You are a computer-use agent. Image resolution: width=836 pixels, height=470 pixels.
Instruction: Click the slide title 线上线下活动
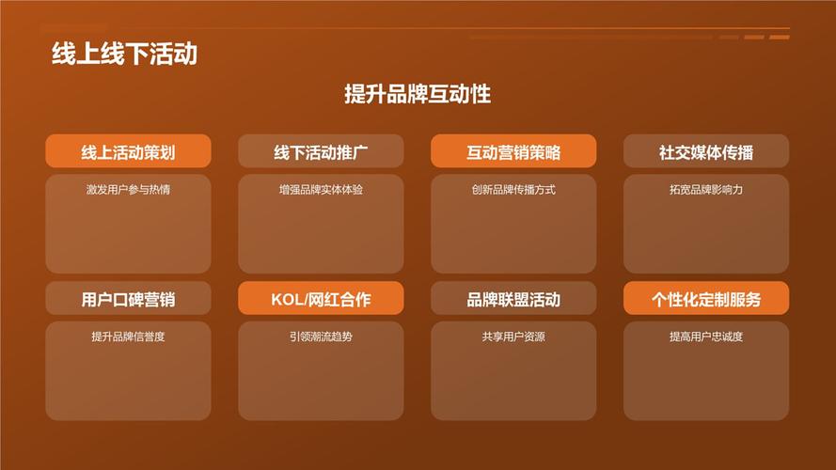pos(125,54)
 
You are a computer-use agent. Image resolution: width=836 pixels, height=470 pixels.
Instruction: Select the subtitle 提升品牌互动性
pos(418,94)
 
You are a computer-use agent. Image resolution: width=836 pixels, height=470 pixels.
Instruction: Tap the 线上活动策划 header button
pos(128,151)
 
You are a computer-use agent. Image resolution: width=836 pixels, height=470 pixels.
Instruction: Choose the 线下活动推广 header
pos(321,151)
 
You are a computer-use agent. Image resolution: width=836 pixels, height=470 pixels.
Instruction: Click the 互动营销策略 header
pos(513,151)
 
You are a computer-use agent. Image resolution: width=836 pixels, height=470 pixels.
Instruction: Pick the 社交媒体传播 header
pos(706,151)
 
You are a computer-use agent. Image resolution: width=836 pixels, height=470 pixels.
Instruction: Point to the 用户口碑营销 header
pos(128,298)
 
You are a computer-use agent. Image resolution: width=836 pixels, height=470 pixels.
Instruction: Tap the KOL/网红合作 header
pos(321,298)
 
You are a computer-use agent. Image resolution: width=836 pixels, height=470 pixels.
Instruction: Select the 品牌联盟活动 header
pos(513,298)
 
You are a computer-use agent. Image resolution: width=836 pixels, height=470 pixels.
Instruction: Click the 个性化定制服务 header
pos(706,298)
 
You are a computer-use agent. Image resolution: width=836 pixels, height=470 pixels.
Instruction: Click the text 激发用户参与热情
pos(128,189)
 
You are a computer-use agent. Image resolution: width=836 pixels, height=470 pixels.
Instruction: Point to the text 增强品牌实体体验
pos(321,189)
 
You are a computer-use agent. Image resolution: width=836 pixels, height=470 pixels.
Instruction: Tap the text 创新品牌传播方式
pos(513,189)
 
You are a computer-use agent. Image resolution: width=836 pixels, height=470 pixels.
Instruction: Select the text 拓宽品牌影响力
pos(706,189)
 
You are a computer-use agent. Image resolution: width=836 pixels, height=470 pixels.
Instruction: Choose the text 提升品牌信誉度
pos(128,337)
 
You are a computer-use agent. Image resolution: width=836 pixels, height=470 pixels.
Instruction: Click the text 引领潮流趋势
pos(321,337)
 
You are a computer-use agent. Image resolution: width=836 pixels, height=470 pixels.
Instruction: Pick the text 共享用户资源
pos(513,337)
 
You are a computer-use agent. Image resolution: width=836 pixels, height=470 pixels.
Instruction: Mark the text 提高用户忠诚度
pos(706,337)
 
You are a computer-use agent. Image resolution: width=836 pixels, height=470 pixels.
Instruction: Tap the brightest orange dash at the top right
pos(779,38)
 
